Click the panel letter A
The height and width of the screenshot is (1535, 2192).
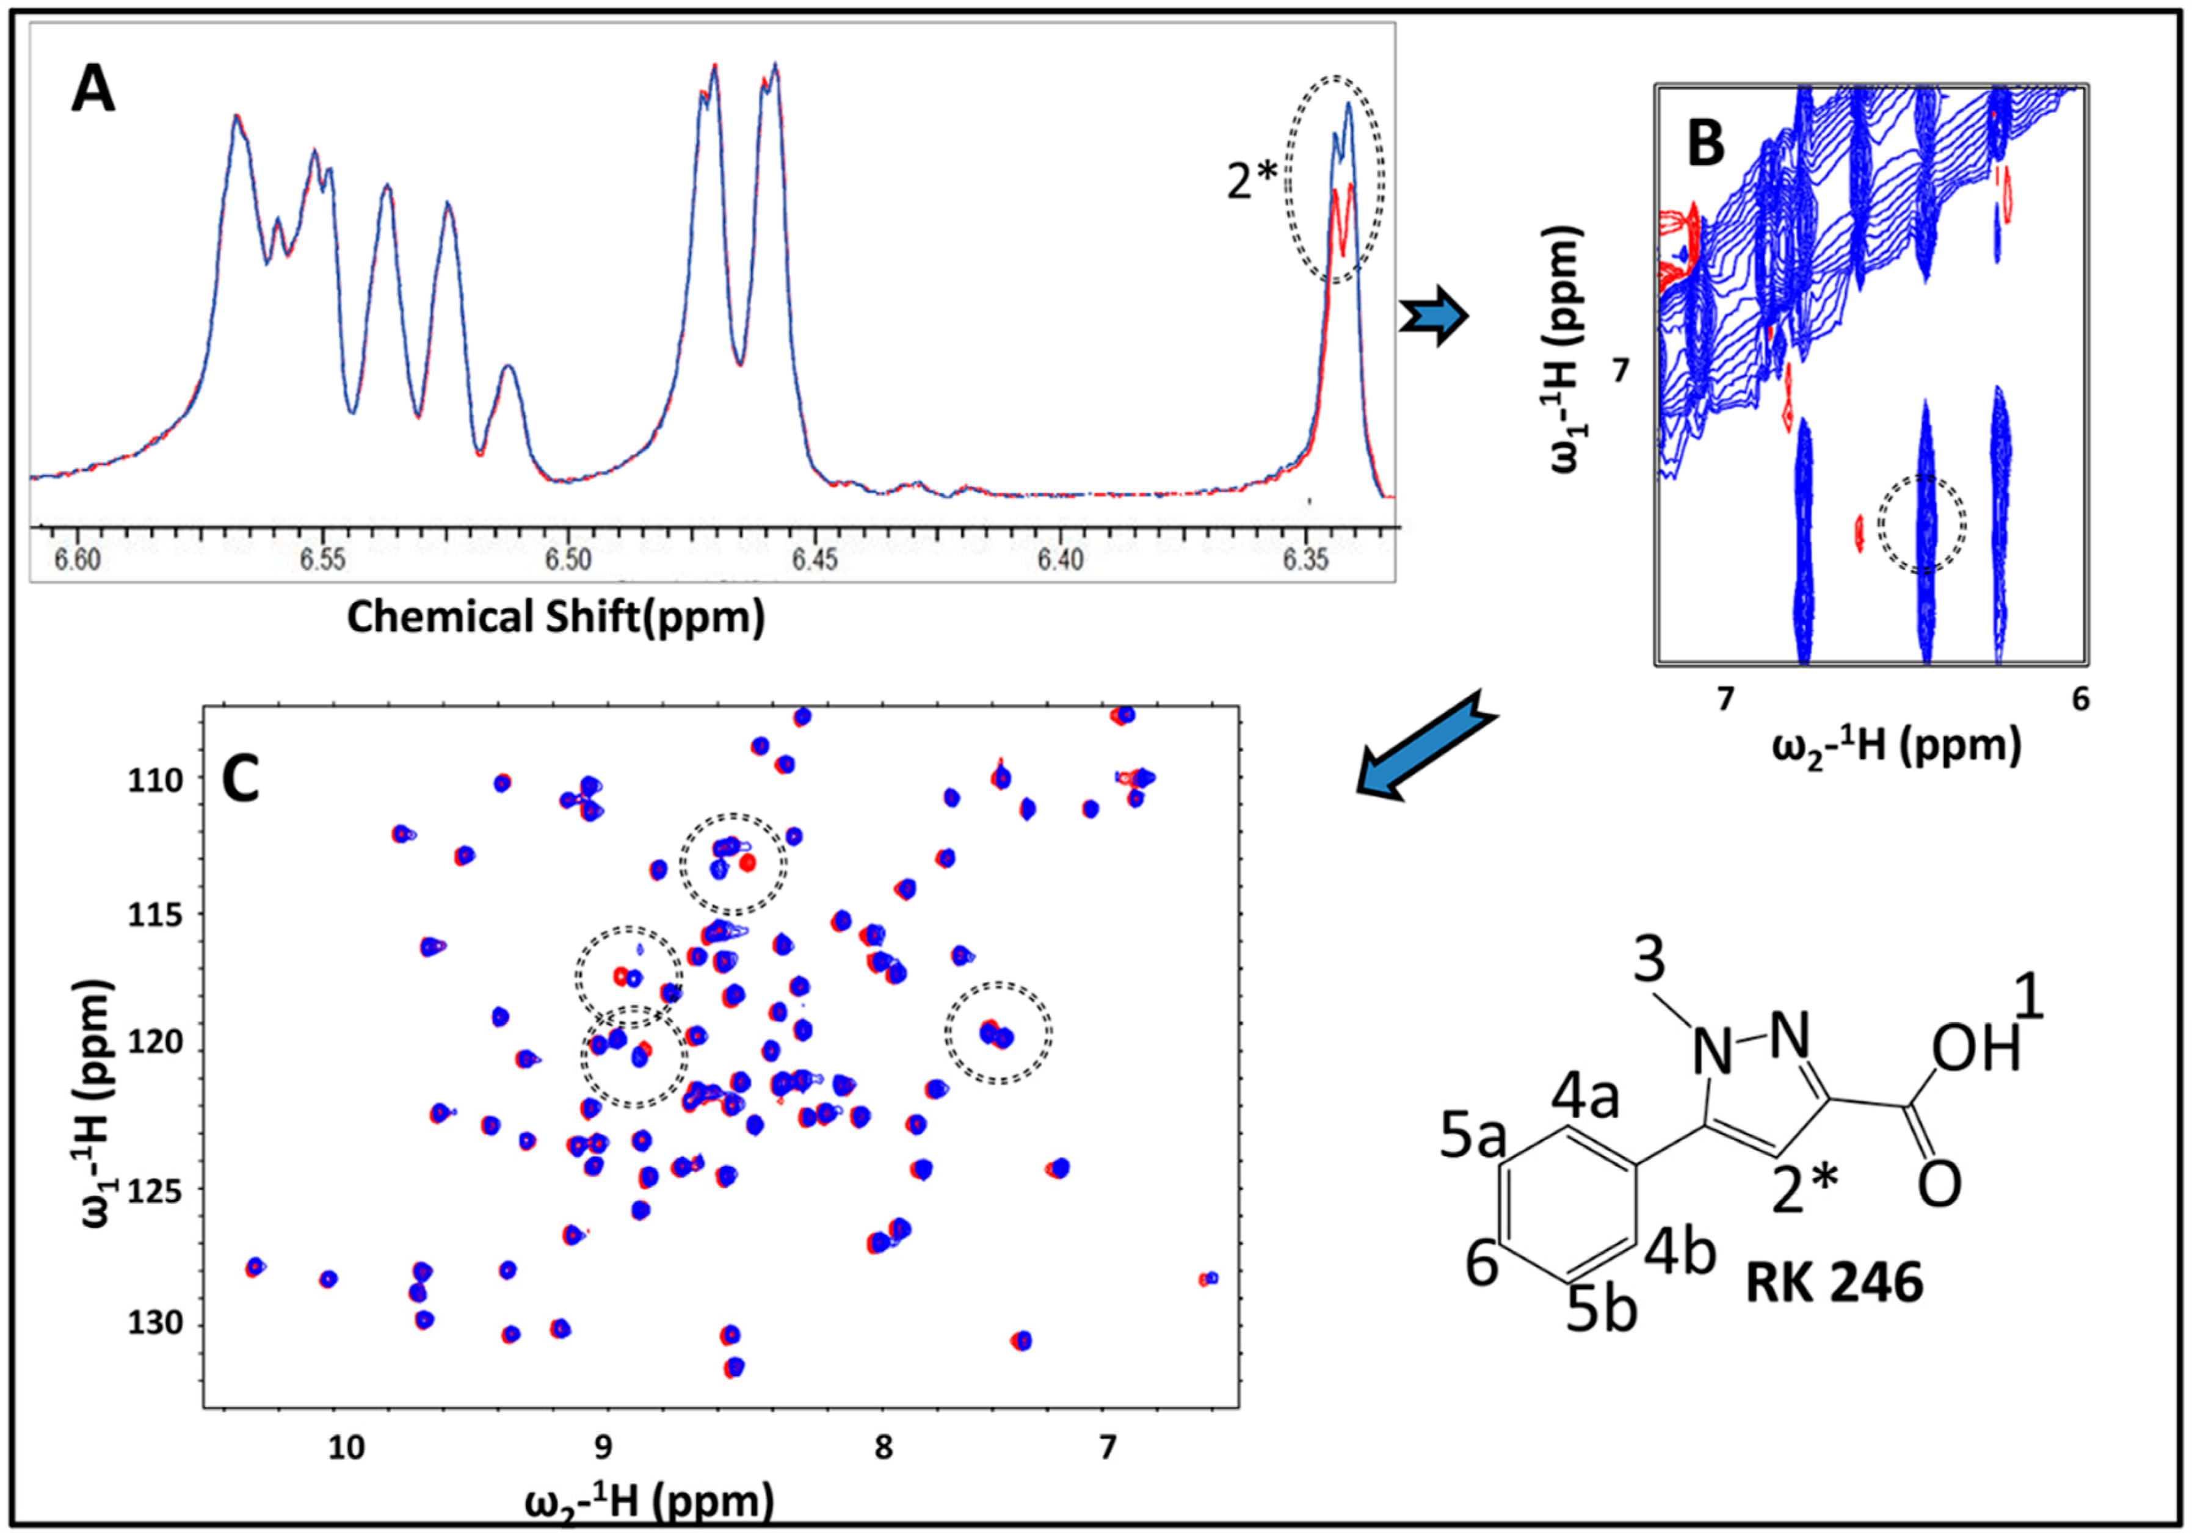pyautogui.click(x=93, y=93)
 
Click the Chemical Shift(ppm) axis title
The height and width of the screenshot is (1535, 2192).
pyautogui.click(x=556, y=616)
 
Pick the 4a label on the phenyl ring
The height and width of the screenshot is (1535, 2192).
pyautogui.click(x=1585, y=1098)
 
